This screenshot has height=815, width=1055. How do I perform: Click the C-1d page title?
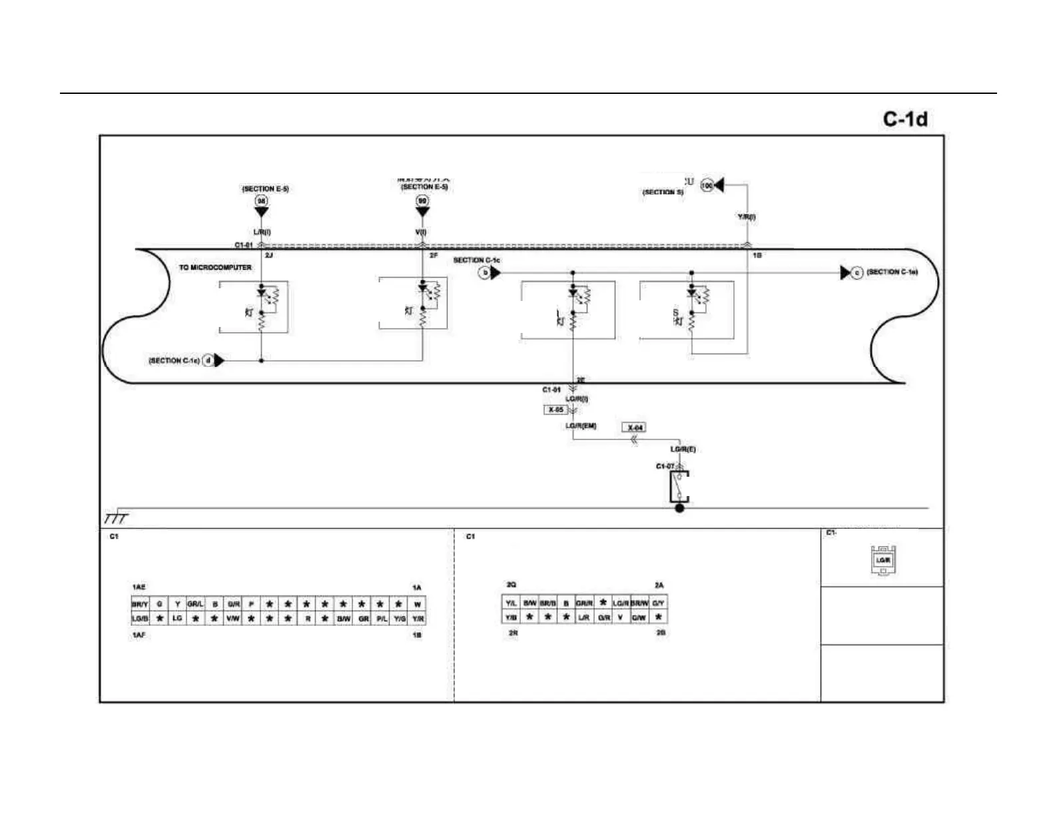pyautogui.click(x=904, y=119)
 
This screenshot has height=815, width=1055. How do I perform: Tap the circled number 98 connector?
pyautogui.click(x=262, y=200)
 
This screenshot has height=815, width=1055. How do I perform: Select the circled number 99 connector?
pyautogui.click(x=422, y=200)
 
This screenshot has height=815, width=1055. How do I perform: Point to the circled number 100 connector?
pyautogui.click(x=707, y=186)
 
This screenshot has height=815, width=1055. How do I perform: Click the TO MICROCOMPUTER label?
pyautogui.click(x=215, y=268)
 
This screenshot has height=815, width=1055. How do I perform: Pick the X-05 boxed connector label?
pyautogui.click(x=555, y=410)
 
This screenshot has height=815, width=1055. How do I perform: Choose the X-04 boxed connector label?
pyautogui.click(x=635, y=427)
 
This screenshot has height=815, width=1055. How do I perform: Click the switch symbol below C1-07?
pyautogui.click(x=679, y=487)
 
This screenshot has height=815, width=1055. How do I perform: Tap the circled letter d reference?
pyautogui.click(x=208, y=361)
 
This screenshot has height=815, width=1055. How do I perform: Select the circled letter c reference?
pyautogui.click(x=857, y=272)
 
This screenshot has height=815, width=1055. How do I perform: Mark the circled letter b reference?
pyautogui.click(x=486, y=272)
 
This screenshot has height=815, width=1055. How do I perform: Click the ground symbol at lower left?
pyautogui.click(x=115, y=518)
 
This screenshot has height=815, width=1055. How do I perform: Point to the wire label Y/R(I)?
pyautogui.click(x=746, y=217)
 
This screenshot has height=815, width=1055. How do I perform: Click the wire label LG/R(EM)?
pyautogui.click(x=581, y=426)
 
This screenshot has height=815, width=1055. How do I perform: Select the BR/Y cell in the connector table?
pyautogui.click(x=140, y=604)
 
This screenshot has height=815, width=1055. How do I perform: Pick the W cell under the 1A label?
pyautogui.click(x=417, y=604)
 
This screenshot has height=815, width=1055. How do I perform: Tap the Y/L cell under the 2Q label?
pyautogui.click(x=511, y=603)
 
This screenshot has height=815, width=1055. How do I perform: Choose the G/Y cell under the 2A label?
pyautogui.click(x=658, y=603)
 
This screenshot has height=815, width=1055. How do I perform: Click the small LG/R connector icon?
pyautogui.click(x=883, y=560)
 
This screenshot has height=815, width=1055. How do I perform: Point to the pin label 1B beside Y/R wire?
pyautogui.click(x=757, y=256)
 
